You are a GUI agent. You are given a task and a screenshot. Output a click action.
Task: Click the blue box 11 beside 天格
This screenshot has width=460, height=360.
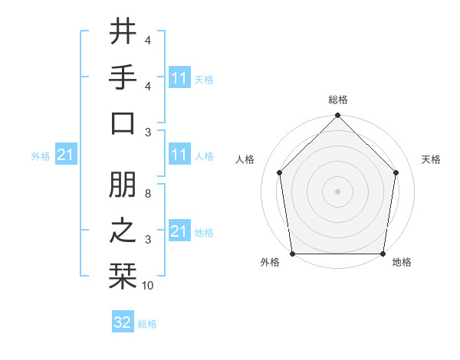pos(179,77)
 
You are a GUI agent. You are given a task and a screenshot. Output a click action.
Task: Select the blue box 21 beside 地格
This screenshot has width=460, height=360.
pos(179,231)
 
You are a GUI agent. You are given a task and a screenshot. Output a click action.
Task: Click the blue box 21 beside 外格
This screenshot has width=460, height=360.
pos(66,155)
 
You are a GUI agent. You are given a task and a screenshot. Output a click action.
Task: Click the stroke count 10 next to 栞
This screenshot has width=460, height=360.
pos(147,286)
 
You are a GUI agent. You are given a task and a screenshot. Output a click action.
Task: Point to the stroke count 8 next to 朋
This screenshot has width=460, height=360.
pos(147,195)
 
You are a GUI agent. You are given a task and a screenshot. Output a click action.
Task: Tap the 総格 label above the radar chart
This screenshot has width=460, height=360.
pos(337,100)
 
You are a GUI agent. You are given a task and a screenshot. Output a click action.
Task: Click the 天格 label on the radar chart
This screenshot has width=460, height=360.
pos(431,159)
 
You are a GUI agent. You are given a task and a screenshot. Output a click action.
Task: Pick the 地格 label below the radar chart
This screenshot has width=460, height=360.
pos(402,263)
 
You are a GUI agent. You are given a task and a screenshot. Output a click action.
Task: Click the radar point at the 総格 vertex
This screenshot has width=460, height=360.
pos(337,116)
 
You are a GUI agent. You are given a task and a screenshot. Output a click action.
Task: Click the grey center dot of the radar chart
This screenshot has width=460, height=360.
pos(337,191)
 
